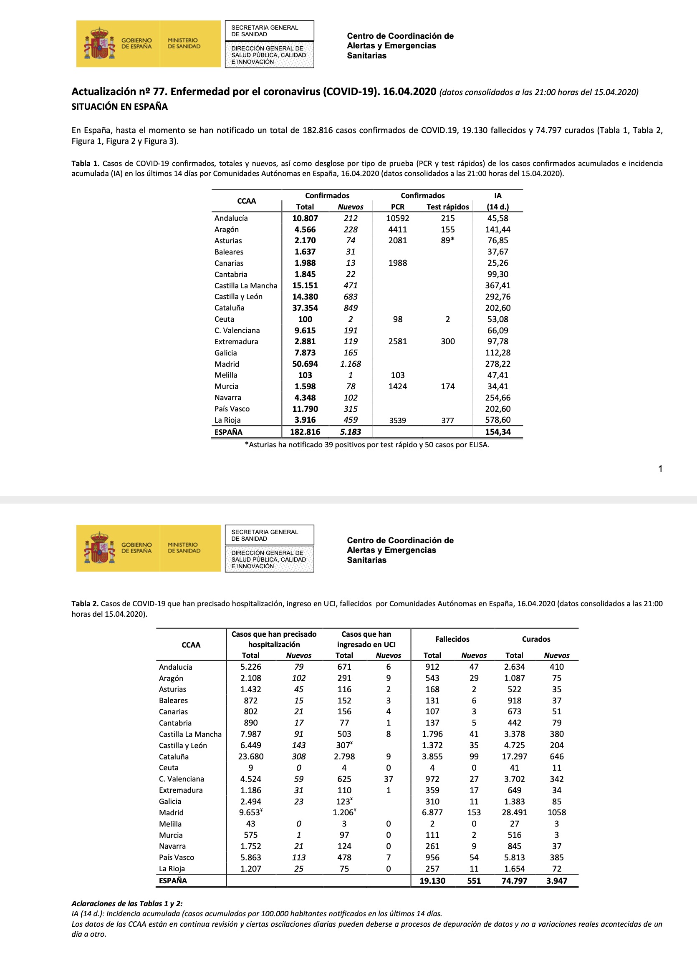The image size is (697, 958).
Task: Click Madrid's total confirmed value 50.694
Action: (x=305, y=364)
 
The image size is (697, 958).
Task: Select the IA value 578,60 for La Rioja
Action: (x=497, y=420)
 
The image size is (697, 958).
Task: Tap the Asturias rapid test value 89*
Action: (x=448, y=240)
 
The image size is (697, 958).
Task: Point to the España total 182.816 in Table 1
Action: (x=305, y=432)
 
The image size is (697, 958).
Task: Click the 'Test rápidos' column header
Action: (x=447, y=207)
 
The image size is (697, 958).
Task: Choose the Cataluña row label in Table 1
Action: (x=229, y=308)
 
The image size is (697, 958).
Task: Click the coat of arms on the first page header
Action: (x=100, y=43)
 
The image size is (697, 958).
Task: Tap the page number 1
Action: (x=660, y=469)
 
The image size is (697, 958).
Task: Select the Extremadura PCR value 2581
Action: (x=397, y=341)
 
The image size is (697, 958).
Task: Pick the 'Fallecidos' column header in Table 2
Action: (x=452, y=639)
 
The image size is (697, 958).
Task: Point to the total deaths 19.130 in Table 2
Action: (x=432, y=881)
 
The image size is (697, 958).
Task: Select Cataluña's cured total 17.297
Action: (x=514, y=756)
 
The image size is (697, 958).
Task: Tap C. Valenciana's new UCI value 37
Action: (x=388, y=779)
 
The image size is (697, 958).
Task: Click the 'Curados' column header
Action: (x=535, y=639)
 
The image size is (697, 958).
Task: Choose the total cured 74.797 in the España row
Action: (x=514, y=881)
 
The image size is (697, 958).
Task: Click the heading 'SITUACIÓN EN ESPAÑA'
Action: (x=119, y=106)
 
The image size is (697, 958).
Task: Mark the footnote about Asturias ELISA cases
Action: (x=367, y=444)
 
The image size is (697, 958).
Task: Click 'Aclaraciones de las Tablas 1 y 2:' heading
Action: (x=127, y=903)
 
